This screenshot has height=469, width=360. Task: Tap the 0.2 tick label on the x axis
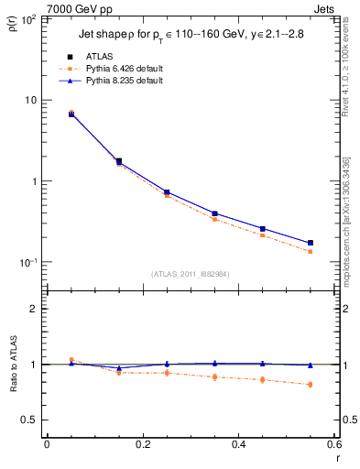coord(142,444)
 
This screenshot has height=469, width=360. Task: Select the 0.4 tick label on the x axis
coord(238,444)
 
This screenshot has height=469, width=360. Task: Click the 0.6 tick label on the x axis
coord(333,444)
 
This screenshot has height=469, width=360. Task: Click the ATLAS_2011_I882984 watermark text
coord(190,274)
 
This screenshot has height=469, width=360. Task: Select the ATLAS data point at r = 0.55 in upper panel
coord(310,243)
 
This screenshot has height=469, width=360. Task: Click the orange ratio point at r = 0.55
coord(310,384)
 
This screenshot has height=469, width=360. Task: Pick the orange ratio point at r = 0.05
coord(71,360)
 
